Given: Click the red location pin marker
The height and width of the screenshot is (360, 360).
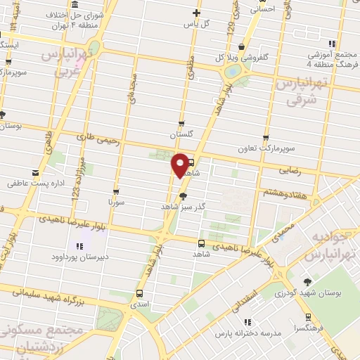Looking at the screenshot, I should click(180, 165).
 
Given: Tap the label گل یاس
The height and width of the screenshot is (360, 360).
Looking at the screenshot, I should click(197, 24).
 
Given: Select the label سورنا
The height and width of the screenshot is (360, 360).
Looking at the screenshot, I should click(116, 202).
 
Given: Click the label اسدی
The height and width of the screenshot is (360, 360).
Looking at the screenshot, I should click(139, 304).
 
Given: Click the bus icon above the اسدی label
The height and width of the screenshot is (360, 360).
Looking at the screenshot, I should click(139, 292).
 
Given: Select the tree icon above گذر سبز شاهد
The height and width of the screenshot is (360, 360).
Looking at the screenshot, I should click(184, 196).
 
